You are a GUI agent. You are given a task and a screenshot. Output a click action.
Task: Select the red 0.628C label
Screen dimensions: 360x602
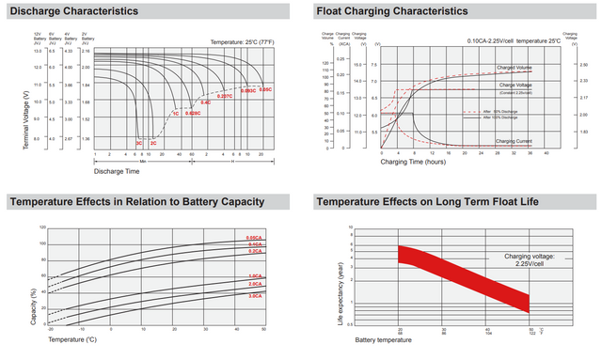tap(192, 113)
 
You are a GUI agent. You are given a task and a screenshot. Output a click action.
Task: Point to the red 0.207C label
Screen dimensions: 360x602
tap(224, 97)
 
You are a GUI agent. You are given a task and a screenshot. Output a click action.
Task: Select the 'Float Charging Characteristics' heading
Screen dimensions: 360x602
tap(392, 11)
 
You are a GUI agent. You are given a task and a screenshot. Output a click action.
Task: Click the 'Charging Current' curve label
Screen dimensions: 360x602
tap(515, 141)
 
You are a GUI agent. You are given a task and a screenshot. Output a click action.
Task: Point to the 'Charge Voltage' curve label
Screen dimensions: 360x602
tap(515, 85)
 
